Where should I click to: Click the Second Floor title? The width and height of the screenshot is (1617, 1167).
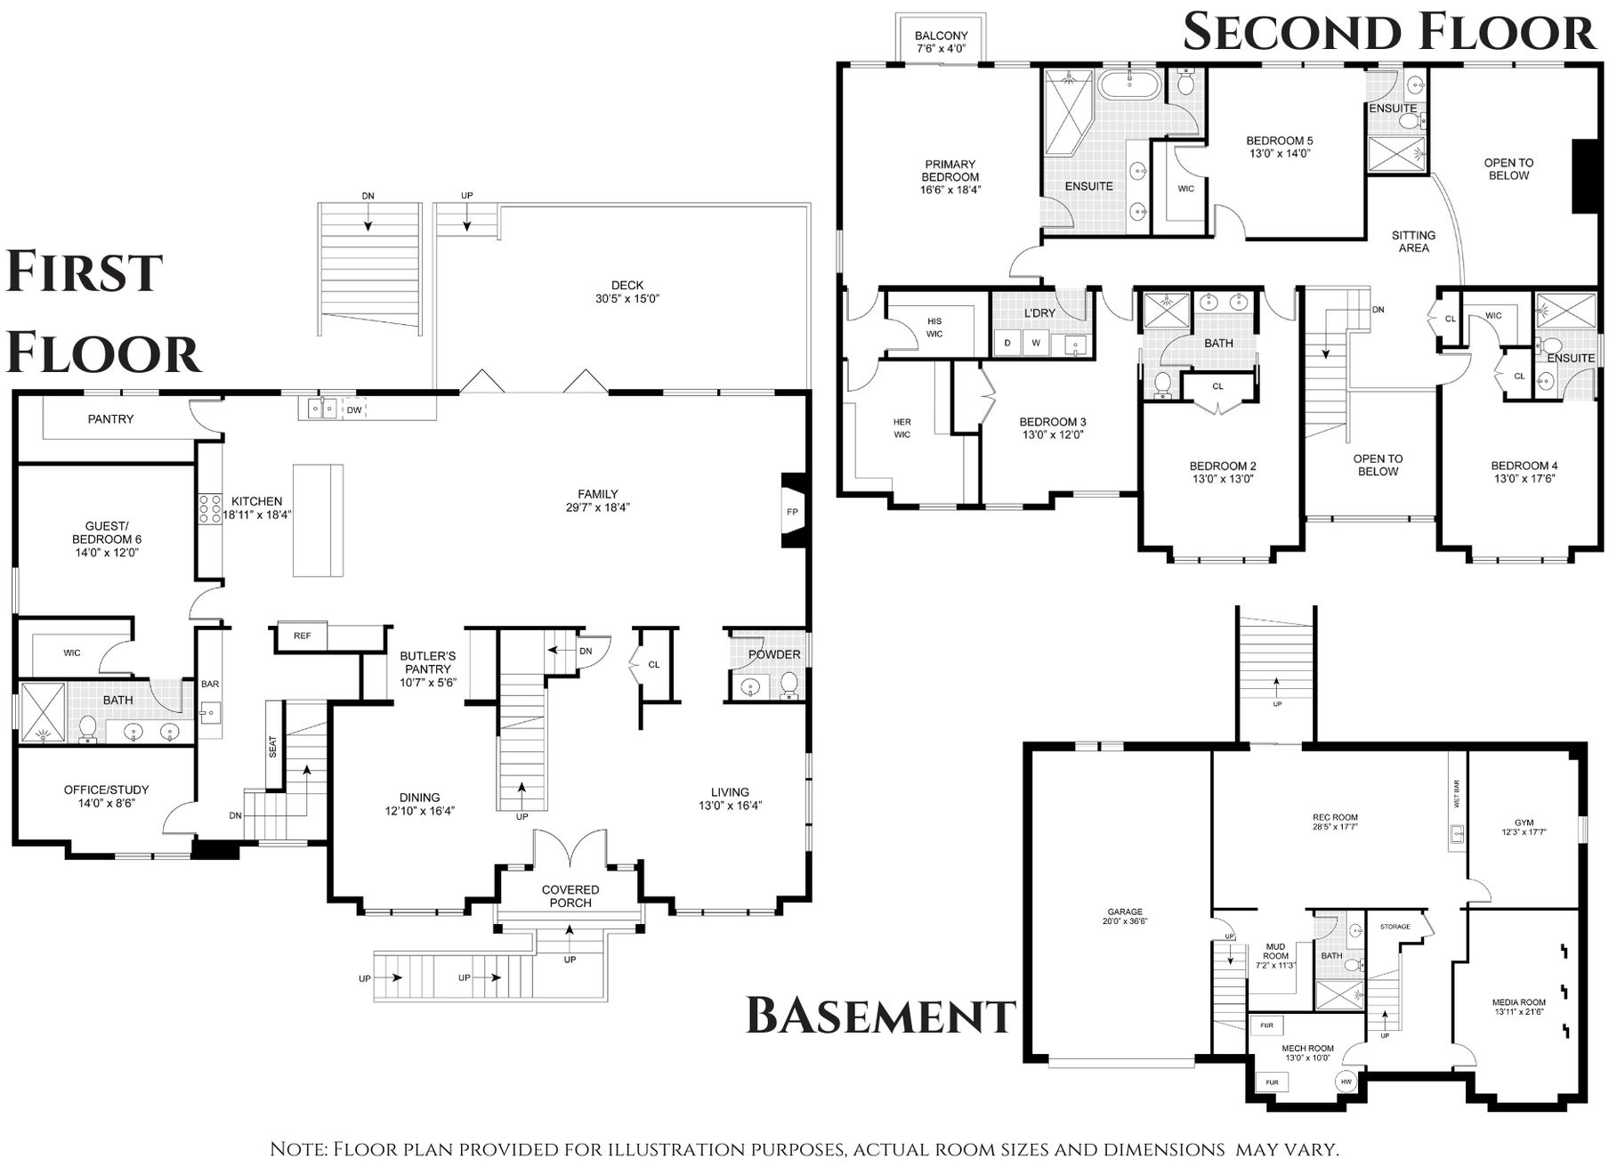(x=1389, y=32)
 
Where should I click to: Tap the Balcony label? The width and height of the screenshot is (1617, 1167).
(x=941, y=36)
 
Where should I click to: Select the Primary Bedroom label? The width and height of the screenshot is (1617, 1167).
(x=950, y=170)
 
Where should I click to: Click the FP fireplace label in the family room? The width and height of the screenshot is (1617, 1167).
(x=792, y=512)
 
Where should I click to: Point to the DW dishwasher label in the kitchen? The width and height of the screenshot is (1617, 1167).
(x=354, y=409)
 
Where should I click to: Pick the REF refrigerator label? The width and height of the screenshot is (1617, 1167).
(x=303, y=636)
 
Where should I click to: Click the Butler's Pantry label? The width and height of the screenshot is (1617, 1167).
(x=428, y=662)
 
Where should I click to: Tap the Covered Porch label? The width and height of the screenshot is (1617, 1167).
(x=570, y=896)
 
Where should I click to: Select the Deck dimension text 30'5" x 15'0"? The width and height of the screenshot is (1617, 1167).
(x=627, y=299)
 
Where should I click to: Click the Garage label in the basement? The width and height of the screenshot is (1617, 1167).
(x=1125, y=912)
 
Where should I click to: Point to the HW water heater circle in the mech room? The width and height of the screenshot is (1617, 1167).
(x=1346, y=1082)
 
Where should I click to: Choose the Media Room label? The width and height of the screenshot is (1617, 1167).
(x=1519, y=1002)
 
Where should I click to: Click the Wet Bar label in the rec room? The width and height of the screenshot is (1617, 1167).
(x=1457, y=793)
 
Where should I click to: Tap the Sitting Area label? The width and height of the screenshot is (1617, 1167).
(x=1413, y=241)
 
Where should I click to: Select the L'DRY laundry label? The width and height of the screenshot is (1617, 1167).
(x=1039, y=313)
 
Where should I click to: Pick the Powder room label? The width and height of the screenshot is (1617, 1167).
(x=774, y=654)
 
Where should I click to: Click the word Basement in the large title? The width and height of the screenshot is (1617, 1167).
(x=880, y=1016)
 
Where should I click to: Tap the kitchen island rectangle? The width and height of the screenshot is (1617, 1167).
(x=318, y=520)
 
